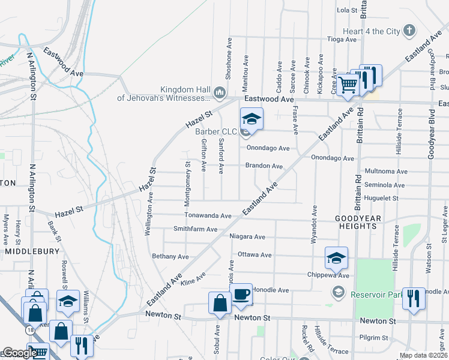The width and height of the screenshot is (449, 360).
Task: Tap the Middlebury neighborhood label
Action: click(x=32, y=253)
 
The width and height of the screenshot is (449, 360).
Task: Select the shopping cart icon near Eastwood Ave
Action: click(x=348, y=86)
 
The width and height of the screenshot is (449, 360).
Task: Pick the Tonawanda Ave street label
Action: click(x=208, y=215)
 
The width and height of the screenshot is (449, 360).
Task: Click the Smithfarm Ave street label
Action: click(x=195, y=229)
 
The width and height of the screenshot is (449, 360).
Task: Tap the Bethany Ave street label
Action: click(x=170, y=256)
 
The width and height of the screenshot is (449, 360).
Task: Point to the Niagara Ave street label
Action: click(x=247, y=236)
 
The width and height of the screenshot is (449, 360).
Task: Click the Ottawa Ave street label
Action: click(x=255, y=255)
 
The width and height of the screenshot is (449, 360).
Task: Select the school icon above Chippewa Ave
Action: click(x=336, y=258)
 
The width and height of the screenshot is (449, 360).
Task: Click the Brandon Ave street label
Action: click(x=264, y=166)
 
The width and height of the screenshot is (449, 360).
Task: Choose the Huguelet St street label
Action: click(x=381, y=197)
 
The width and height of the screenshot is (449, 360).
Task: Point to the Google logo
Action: click(x=19, y=353)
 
